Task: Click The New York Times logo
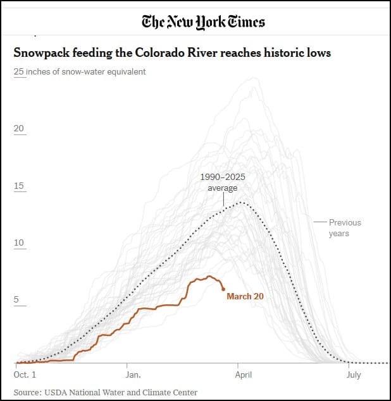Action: pos(203,22)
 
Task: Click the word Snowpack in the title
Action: pos(40,52)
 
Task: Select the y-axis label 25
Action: pos(19,71)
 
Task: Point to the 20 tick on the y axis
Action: pos(19,129)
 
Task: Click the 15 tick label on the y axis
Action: pos(19,186)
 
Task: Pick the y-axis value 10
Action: pos(19,243)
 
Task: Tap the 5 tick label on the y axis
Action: pos(16,300)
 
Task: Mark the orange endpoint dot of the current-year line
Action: pos(223,289)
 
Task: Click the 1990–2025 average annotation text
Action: pos(223,183)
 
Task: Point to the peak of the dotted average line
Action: pos(240,203)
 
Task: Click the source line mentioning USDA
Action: pos(106,392)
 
